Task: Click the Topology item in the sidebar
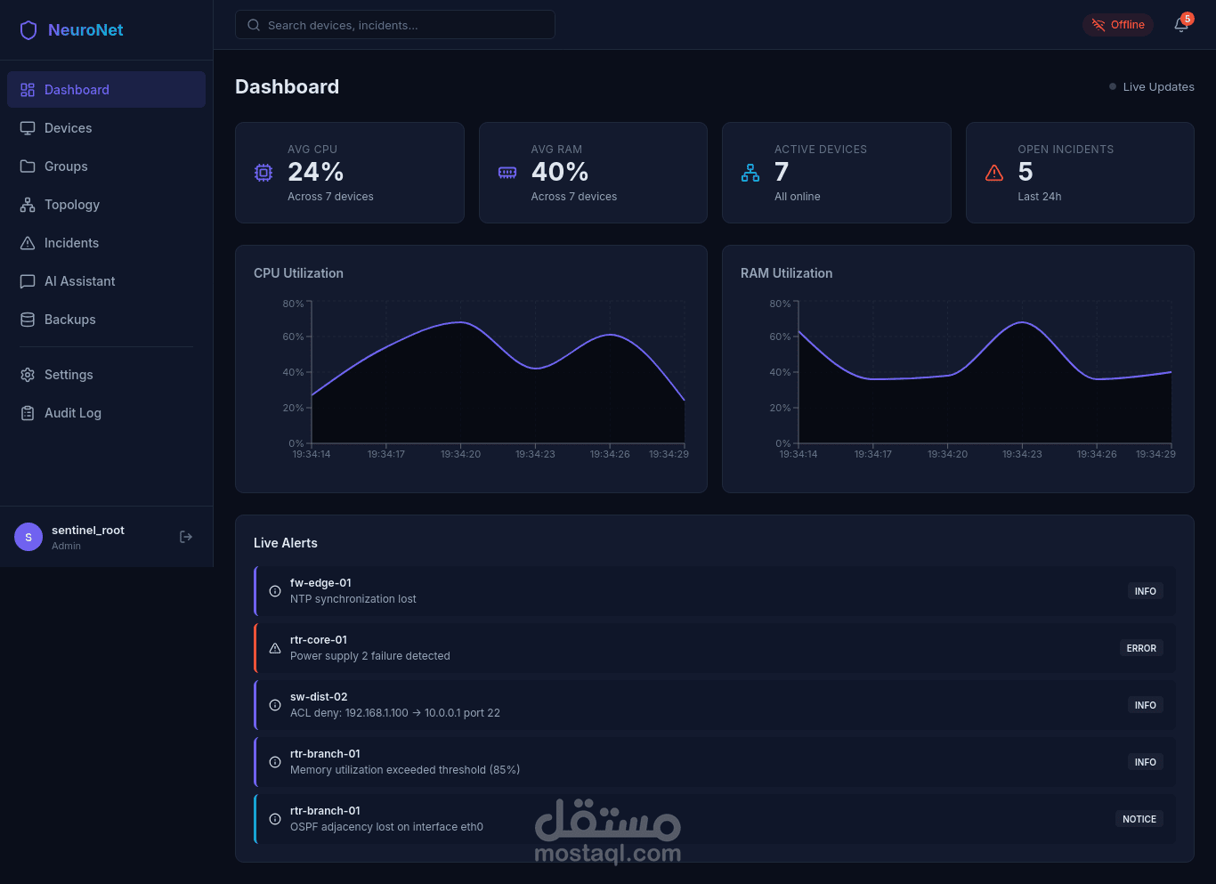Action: coord(60,205)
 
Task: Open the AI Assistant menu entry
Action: coord(68,281)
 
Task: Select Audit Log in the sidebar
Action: coord(61,413)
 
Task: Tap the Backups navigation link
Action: coord(58,320)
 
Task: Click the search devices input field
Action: coord(394,25)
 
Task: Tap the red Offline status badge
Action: coord(1118,25)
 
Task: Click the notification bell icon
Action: coord(1180,25)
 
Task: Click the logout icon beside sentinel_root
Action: coord(186,537)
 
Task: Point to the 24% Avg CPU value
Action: coord(315,172)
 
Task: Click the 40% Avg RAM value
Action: coord(559,172)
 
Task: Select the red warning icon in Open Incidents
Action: coord(994,173)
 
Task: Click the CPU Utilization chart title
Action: coord(298,273)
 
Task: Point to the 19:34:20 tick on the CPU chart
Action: coord(460,454)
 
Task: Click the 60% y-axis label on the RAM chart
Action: coord(780,337)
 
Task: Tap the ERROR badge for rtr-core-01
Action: coord(1141,648)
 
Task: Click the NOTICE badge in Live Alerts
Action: coord(1139,819)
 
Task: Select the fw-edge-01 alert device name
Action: coord(320,582)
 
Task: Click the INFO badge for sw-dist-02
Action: coord(1145,705)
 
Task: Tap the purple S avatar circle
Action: coord(28,537)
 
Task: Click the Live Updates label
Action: coord(1158,87)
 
